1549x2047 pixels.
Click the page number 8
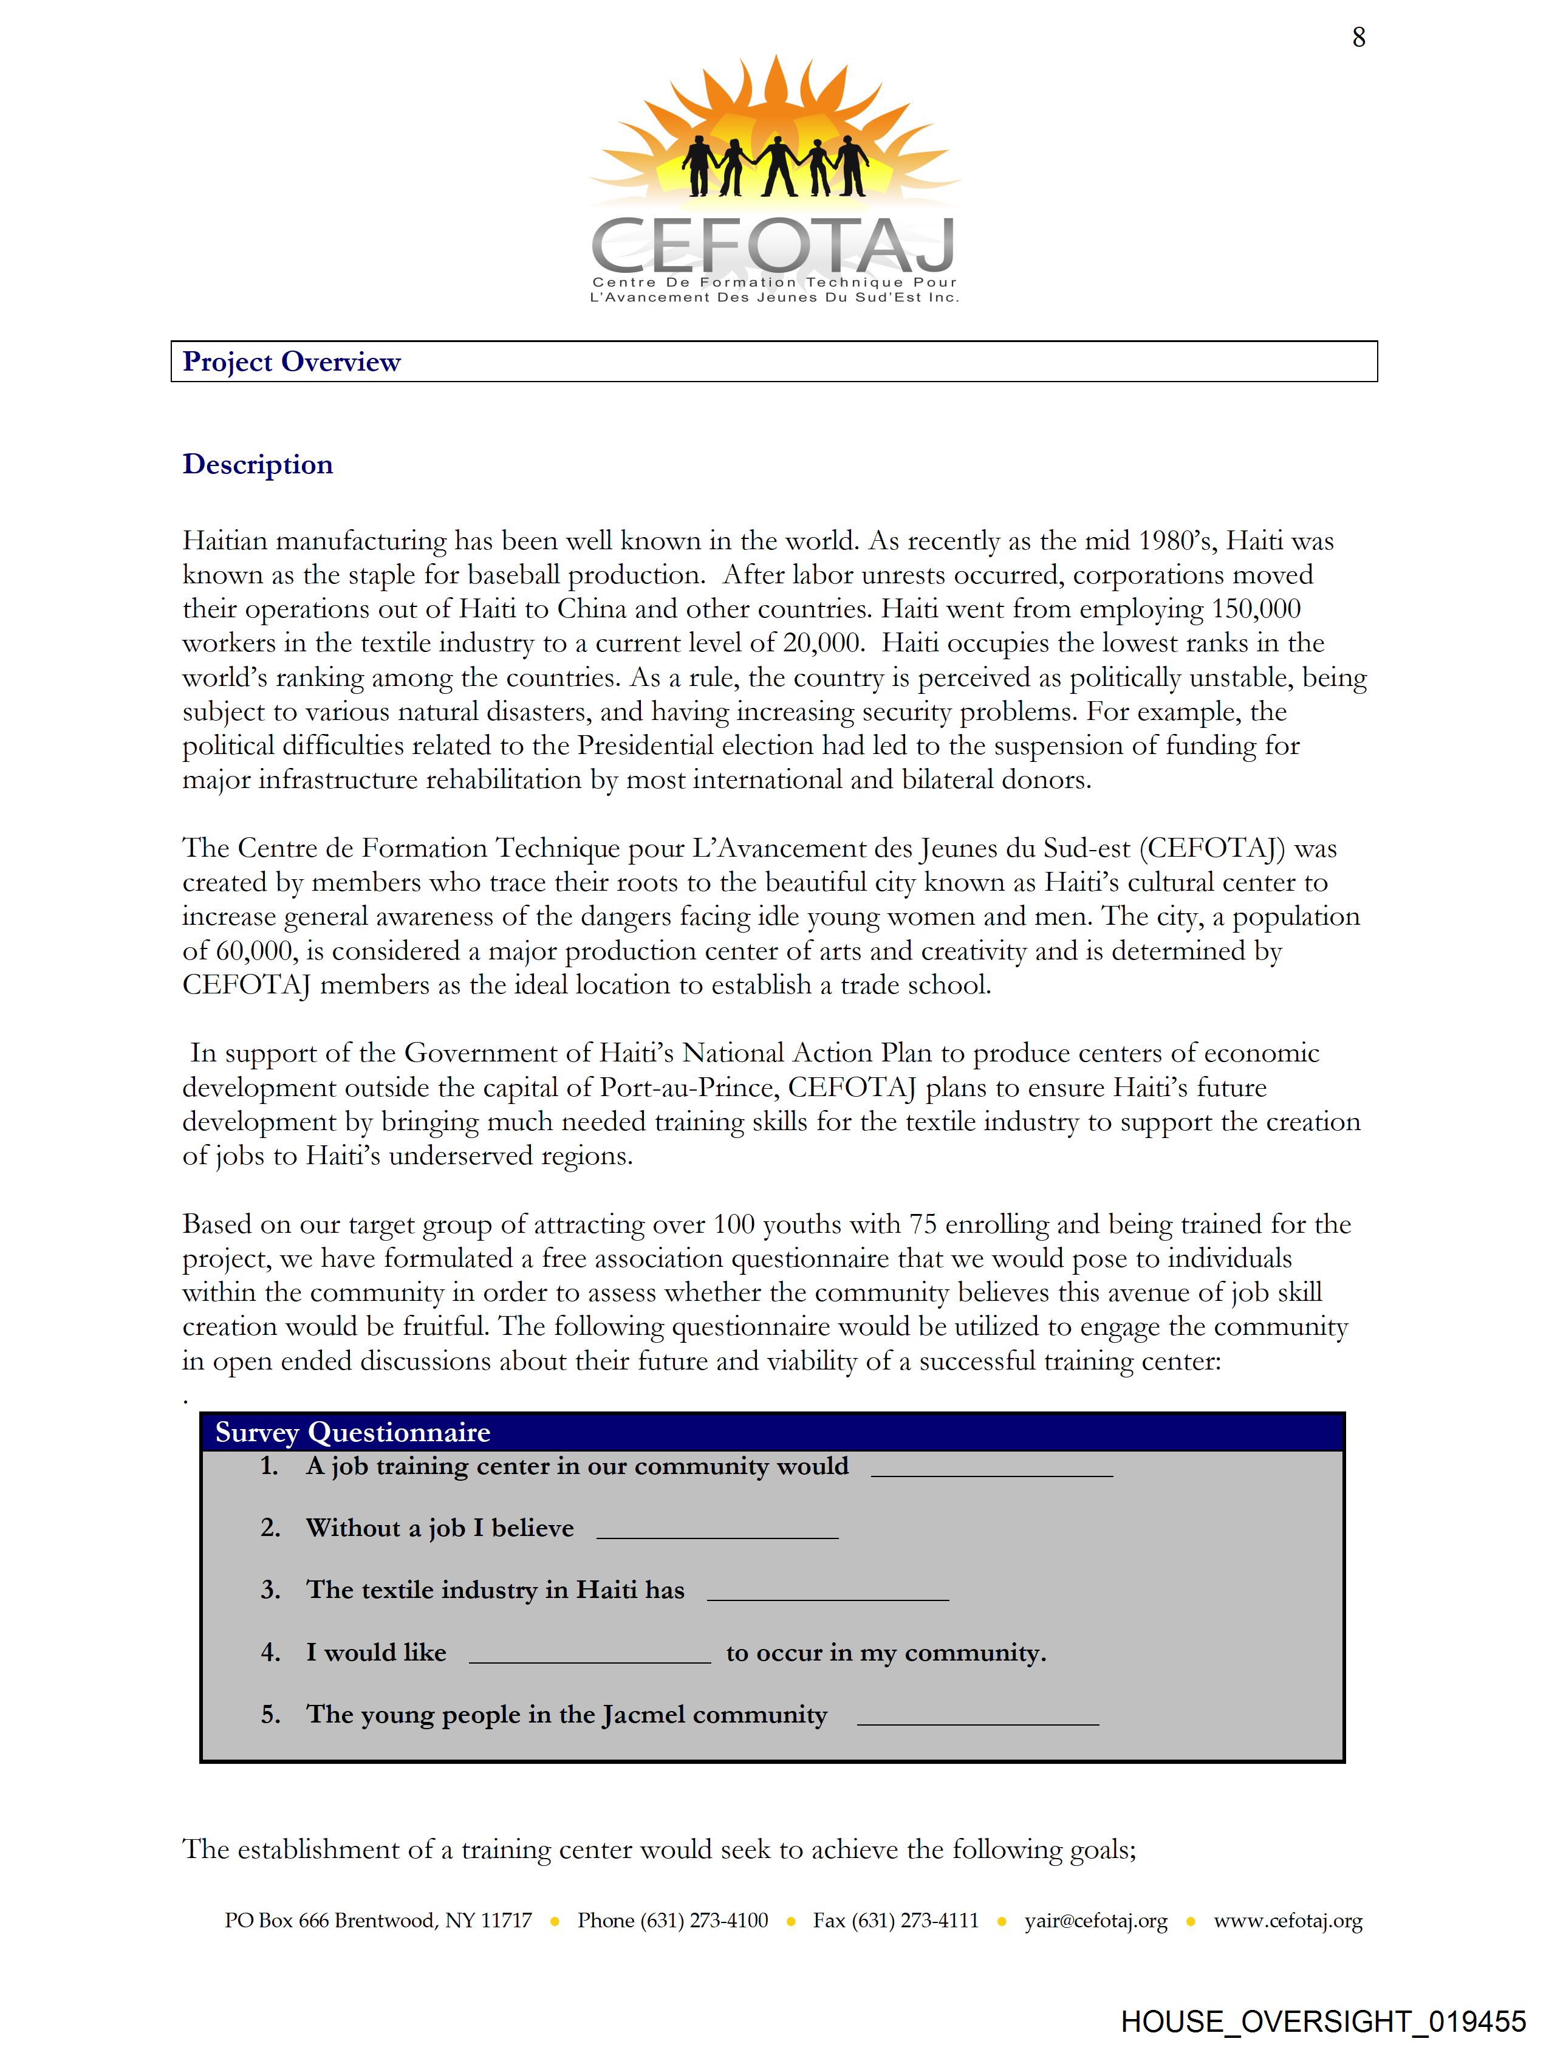(1358, 38)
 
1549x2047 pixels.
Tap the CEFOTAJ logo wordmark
(773, 244)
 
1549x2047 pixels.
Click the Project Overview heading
(292, 362)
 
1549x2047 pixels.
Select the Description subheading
(257, 465)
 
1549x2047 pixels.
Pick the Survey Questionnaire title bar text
(352, 1433)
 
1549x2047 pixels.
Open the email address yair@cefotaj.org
(1096, 1920)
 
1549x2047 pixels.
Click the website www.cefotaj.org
(1287, 1920)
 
